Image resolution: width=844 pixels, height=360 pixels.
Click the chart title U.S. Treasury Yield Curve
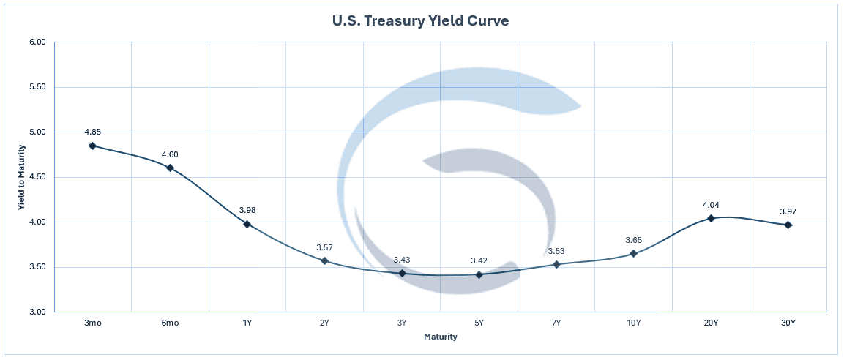(x=421, y=21)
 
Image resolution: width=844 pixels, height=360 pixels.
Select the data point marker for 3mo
(x=92, y=146)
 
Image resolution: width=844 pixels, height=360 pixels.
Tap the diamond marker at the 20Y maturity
(x=711, y=218)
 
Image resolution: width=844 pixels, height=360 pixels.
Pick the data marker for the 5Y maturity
(x=479, y=274)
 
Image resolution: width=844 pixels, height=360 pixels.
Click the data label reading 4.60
(x=170, y=154)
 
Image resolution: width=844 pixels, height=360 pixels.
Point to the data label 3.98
(x=247, y=210)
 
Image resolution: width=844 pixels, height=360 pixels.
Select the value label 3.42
(x=479, y=260)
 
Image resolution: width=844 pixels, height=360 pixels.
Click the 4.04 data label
(x=711, y=205)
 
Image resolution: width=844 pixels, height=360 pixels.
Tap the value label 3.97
(x=788, y=211)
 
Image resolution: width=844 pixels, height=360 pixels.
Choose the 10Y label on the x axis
(x=633, y=322)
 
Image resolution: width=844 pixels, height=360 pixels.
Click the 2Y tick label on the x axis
(x=324, y=322)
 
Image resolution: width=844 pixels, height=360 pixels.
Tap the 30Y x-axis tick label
(x=788, y=322)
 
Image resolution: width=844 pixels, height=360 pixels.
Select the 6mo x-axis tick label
(x=170, y=322)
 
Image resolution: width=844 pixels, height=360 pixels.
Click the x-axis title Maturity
(x=441, y=337)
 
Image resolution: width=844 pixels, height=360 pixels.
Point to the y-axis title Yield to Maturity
(x=22, y=177)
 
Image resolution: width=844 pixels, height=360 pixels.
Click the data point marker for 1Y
(x=247, y=224)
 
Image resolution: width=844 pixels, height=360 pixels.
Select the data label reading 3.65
(x=633, y=240)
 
